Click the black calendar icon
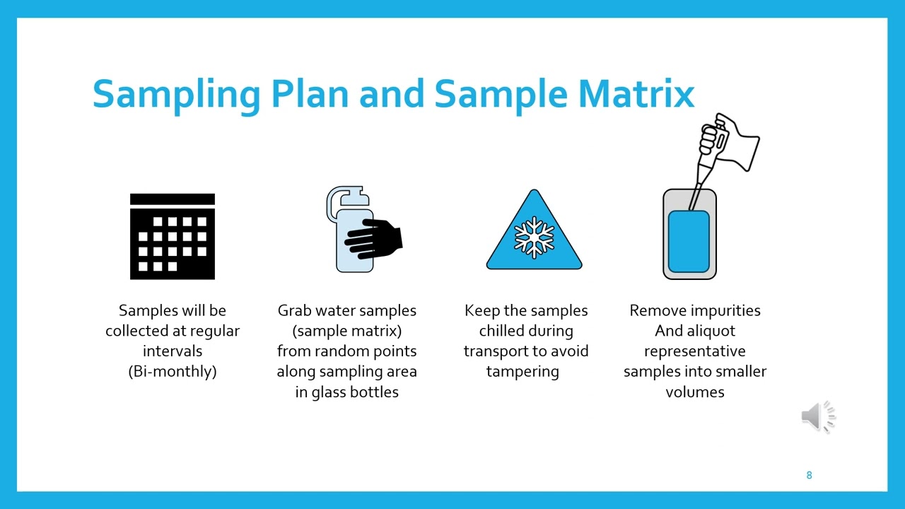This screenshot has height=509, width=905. [173, 236]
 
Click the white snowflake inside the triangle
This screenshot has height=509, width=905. [534, 236]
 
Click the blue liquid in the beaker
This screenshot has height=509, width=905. [689, 241]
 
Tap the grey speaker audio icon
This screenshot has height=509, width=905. [817, 416]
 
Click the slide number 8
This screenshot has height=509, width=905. [809, 475]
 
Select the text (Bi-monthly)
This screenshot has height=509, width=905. [173, 371]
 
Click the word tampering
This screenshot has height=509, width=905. [522, 371]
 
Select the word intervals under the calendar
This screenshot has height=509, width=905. [173, 351]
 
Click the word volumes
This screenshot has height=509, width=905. [694, 392]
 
